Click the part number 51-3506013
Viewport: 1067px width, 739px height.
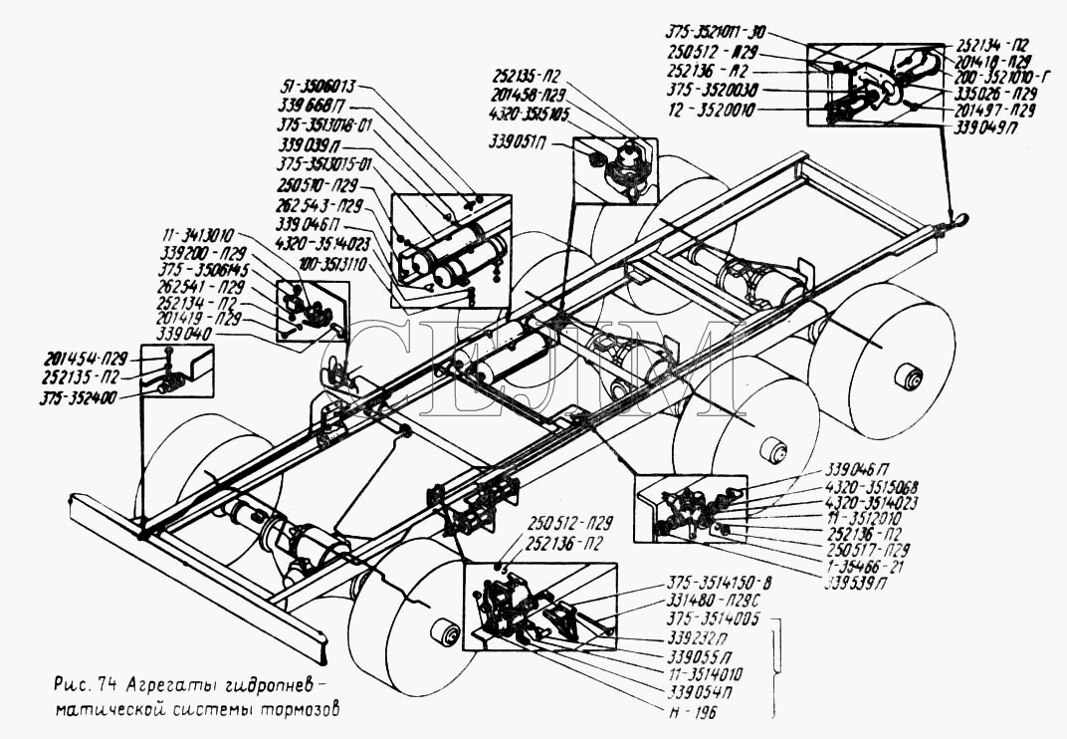click(310, 87)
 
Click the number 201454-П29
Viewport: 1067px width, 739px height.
click(86, 359)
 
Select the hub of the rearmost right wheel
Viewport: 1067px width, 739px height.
click(907, 376)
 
